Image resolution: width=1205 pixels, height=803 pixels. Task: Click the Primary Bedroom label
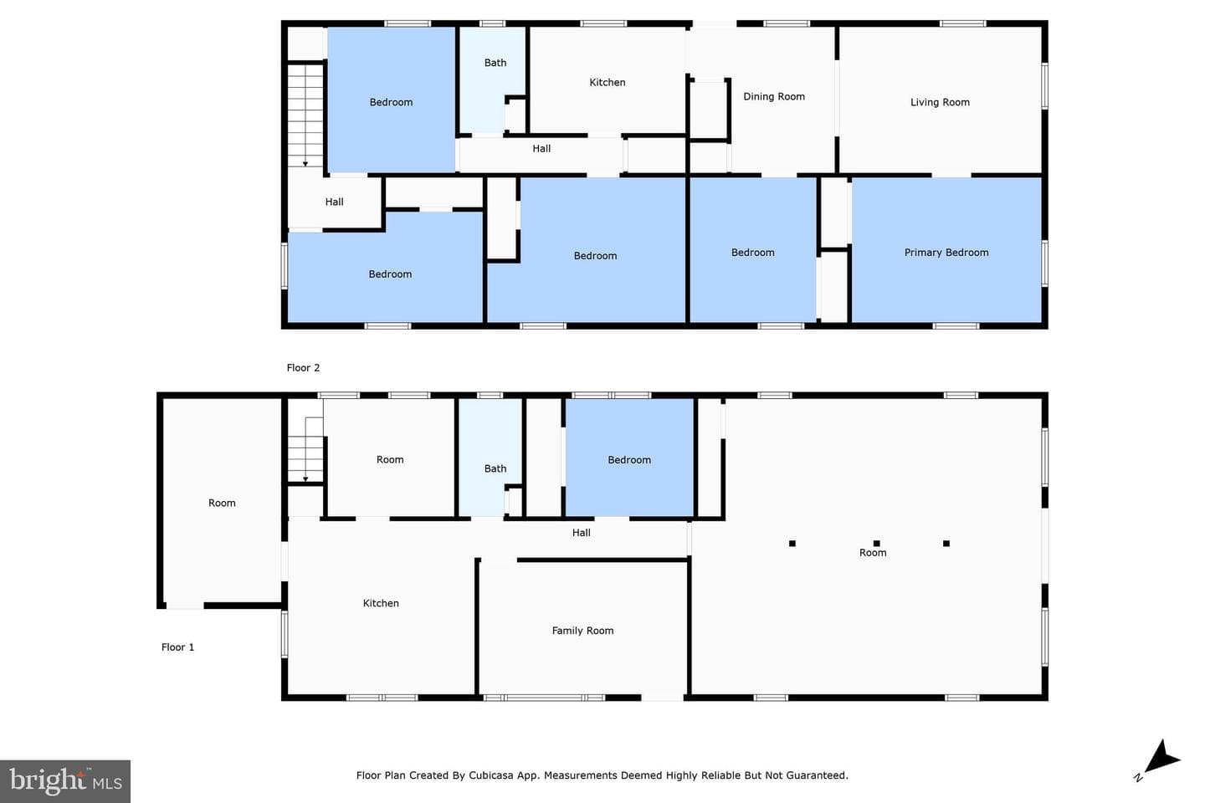click(946, 253)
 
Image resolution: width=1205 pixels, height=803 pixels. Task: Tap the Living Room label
click(940, 102)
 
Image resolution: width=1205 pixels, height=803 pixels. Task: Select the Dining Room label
click(774, 96)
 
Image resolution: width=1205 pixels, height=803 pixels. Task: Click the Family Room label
click(582, 631)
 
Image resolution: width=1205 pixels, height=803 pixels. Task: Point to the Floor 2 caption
click(303, 368)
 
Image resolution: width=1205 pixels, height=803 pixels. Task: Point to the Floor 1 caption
click(177, 647)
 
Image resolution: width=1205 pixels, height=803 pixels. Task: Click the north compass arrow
click(1161, 759)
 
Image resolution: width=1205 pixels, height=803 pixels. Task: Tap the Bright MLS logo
click(65, 781)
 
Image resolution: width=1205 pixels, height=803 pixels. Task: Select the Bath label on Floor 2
click(495, 63)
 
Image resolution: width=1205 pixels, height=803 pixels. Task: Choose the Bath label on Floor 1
click(495, 468)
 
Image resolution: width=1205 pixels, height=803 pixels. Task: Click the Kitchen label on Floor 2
click(608, 82)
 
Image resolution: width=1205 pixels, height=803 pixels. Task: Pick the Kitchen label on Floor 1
click(381, 603)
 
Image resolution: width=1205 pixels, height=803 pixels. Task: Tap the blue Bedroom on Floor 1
click(629, 458)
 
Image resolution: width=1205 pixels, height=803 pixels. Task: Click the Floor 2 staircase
click(305, 115)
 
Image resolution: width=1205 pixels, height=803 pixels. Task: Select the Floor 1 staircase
click(305, 450)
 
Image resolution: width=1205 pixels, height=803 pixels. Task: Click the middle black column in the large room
click(877, 543)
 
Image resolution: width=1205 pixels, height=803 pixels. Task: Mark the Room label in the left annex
click(222, 503)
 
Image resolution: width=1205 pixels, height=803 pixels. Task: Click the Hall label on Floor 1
click(581, 533)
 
